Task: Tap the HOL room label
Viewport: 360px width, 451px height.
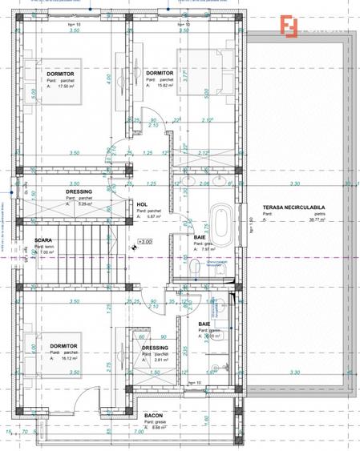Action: coord(142,204)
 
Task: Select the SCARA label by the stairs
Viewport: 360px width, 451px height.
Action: coord(43,240)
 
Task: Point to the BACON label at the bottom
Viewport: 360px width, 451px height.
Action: coord(154,417)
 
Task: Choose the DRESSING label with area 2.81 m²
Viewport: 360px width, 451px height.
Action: coord(156,348)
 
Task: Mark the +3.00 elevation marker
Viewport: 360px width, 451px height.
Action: coord(145,241)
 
